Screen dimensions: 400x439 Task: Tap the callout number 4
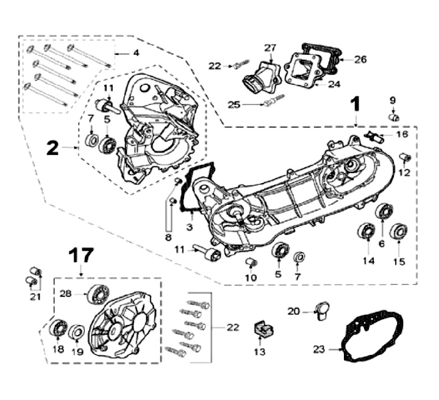[x=136, y=53]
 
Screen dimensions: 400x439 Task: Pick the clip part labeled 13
[x=261, y=329]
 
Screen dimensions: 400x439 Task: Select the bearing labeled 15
[x=398, y=231]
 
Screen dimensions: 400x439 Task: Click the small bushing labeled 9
[x=394, y=116]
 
